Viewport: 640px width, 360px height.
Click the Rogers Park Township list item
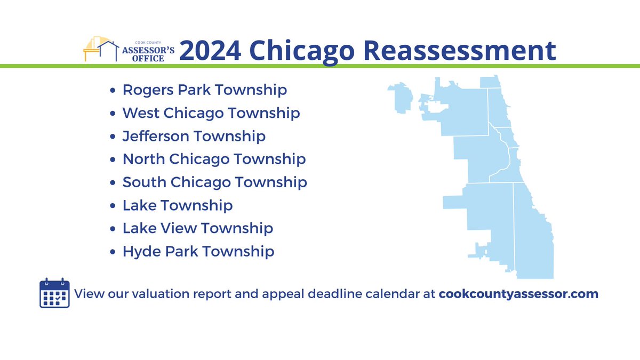coord(204,90)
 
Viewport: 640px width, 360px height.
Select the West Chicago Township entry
coord(211,113)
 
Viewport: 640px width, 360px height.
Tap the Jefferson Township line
coord(194,136)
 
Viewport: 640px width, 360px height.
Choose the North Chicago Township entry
coord(214,159)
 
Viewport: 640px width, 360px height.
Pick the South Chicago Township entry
coord(214,182)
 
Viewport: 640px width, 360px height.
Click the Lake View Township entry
coord(197,228)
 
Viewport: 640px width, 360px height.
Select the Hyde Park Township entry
coord(198,251)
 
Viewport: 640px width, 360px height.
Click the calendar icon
coord(54,293)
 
